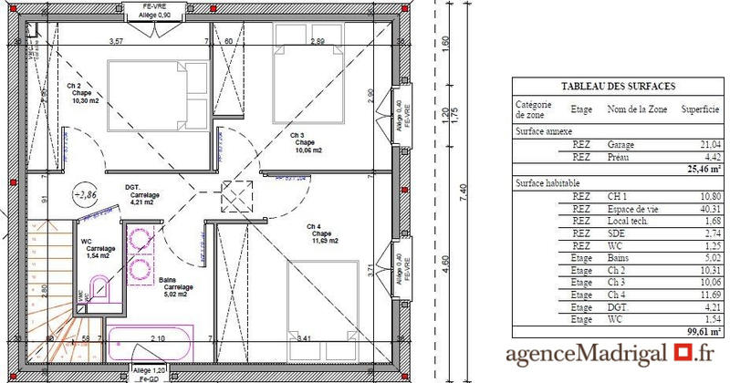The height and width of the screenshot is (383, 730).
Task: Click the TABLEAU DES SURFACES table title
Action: pyautogui.click(x=618, y=87)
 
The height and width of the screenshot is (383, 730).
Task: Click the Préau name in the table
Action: pyautogui.click(x=622, y=156)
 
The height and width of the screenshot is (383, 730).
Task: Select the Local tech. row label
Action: pyautogui.click(x=626, y=220)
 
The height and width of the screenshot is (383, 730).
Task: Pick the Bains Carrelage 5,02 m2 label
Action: pyautogui.click(x=173, y=287)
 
